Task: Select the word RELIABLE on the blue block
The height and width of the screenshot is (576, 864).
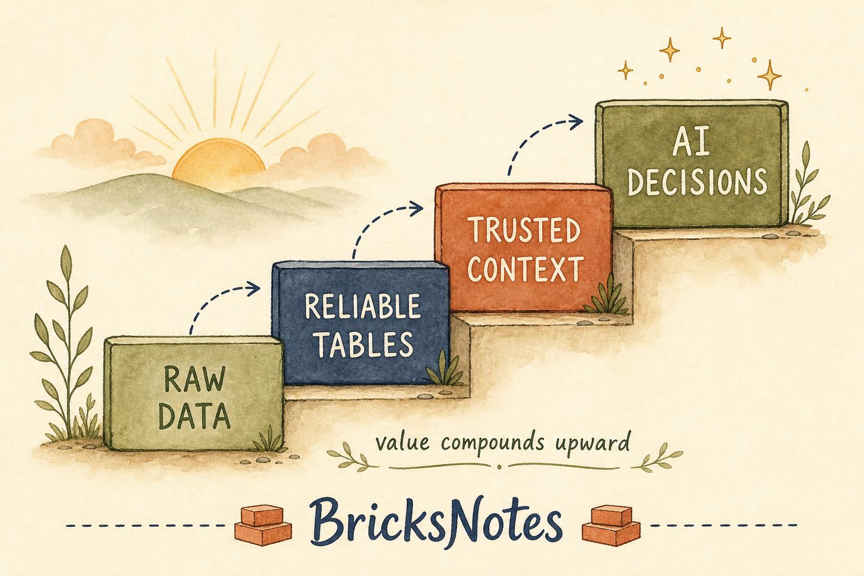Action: [x=362, y=307]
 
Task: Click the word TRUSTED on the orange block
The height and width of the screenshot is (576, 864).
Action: [x=524, y=230]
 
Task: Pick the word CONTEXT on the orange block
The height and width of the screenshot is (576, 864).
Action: [x=525, y=268]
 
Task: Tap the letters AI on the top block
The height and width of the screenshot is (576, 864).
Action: [x=691, y=145]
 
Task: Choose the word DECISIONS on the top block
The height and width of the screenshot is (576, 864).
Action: [x=697, y=181]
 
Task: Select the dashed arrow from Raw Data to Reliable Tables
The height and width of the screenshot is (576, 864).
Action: [x=216, y=297]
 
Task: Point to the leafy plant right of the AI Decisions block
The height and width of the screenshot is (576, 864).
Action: [x=806, y=185]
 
